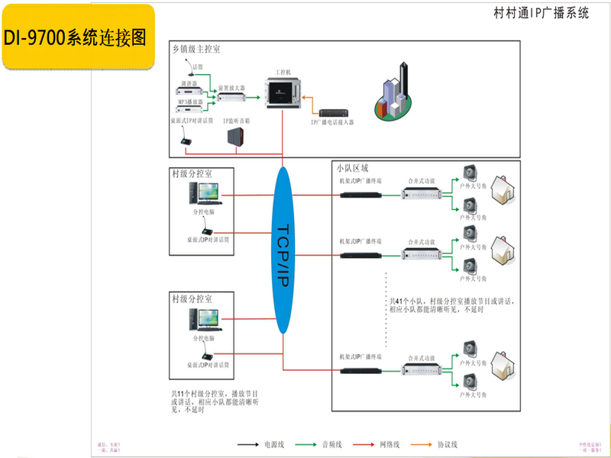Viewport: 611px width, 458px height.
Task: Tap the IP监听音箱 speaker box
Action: point(236,137)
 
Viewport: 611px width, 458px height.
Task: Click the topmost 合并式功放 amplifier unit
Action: point(421,193)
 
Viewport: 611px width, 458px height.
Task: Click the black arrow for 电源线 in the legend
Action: point(247,443)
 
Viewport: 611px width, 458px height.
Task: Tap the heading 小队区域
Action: point(352,167)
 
